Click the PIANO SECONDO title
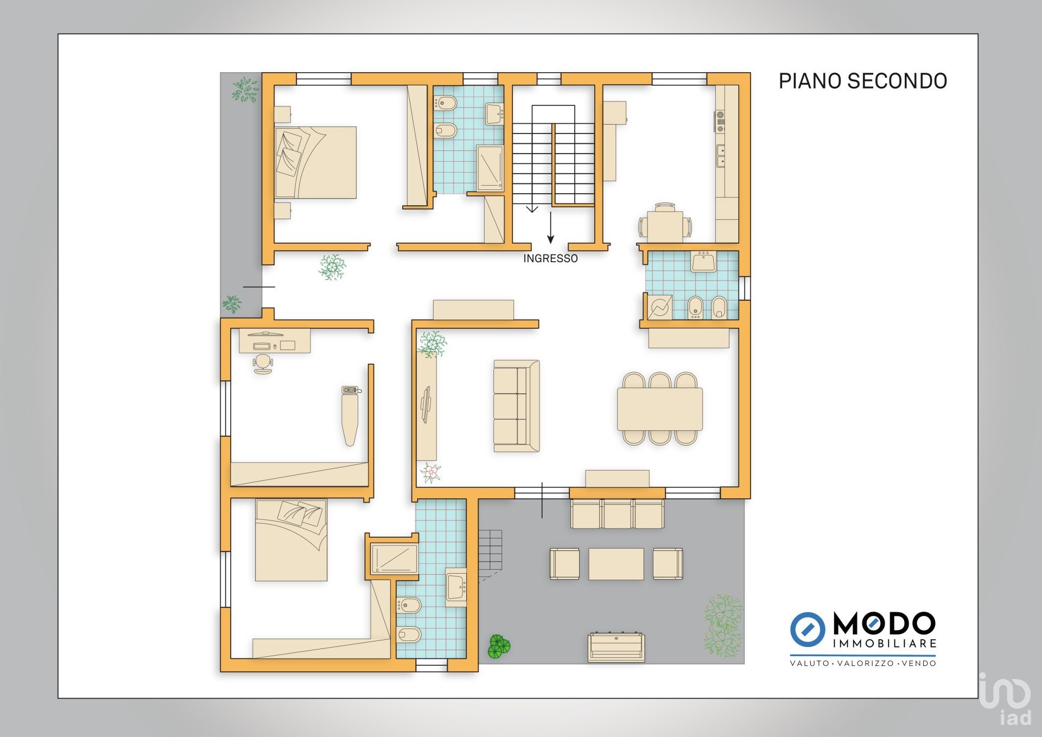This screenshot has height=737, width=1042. click(863, 81)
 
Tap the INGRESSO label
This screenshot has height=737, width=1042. click(550, 259)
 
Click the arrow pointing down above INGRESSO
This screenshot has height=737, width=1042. click(551, 227)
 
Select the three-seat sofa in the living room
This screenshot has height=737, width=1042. click(517, 406)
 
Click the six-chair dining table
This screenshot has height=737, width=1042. click(660, 409)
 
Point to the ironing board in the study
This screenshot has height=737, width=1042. click(350, 416)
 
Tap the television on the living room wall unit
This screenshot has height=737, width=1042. click(426, 404)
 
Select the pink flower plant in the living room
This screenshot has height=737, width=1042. click(431, 473)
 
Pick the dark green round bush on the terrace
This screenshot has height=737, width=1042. click(499, 646)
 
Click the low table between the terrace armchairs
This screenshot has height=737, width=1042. click(616, 564)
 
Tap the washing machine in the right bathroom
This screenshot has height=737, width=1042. click(660, 308)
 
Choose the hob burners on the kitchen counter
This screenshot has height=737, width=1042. click(720, 122)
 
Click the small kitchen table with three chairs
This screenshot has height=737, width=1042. click(665, 223)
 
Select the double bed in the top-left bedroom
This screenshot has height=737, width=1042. click(315, 162)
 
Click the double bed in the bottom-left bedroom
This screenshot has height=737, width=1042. click(291, 540)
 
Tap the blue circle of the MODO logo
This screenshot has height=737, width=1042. click(808, 630)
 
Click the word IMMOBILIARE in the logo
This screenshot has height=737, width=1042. click(885, 644)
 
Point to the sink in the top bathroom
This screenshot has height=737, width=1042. click(494, 114)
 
